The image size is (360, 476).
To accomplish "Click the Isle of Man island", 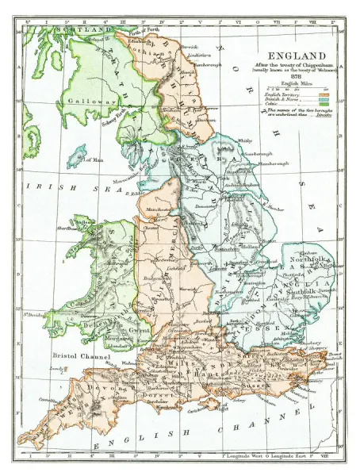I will click(76, 157).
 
